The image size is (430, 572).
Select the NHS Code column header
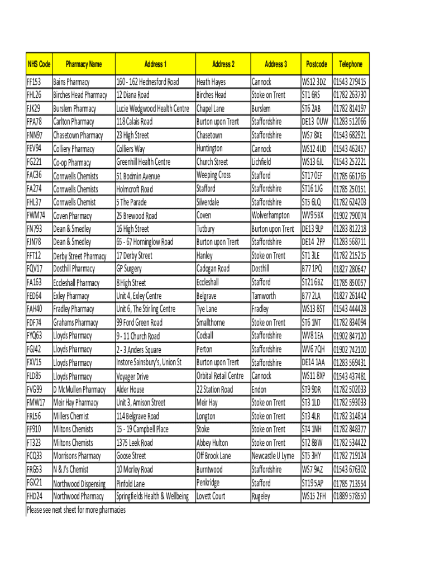[39, 64]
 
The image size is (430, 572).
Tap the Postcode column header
[317, 64]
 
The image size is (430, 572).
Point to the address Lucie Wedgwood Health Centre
[152, 108]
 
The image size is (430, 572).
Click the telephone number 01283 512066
[350, 122]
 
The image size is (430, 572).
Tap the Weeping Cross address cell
[213, 175]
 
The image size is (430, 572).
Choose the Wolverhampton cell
[271, 215]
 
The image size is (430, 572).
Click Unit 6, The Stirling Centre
[145, 309]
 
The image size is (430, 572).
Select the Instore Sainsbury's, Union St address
[149, 363]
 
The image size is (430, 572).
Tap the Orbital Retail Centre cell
[220, 376]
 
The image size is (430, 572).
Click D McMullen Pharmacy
[79, 389]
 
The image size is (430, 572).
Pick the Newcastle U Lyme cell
[273, 456]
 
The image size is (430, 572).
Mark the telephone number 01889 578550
[350, 496]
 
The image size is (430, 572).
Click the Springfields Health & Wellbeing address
[152, 496]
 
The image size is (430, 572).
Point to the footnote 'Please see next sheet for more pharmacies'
[76, 510]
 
